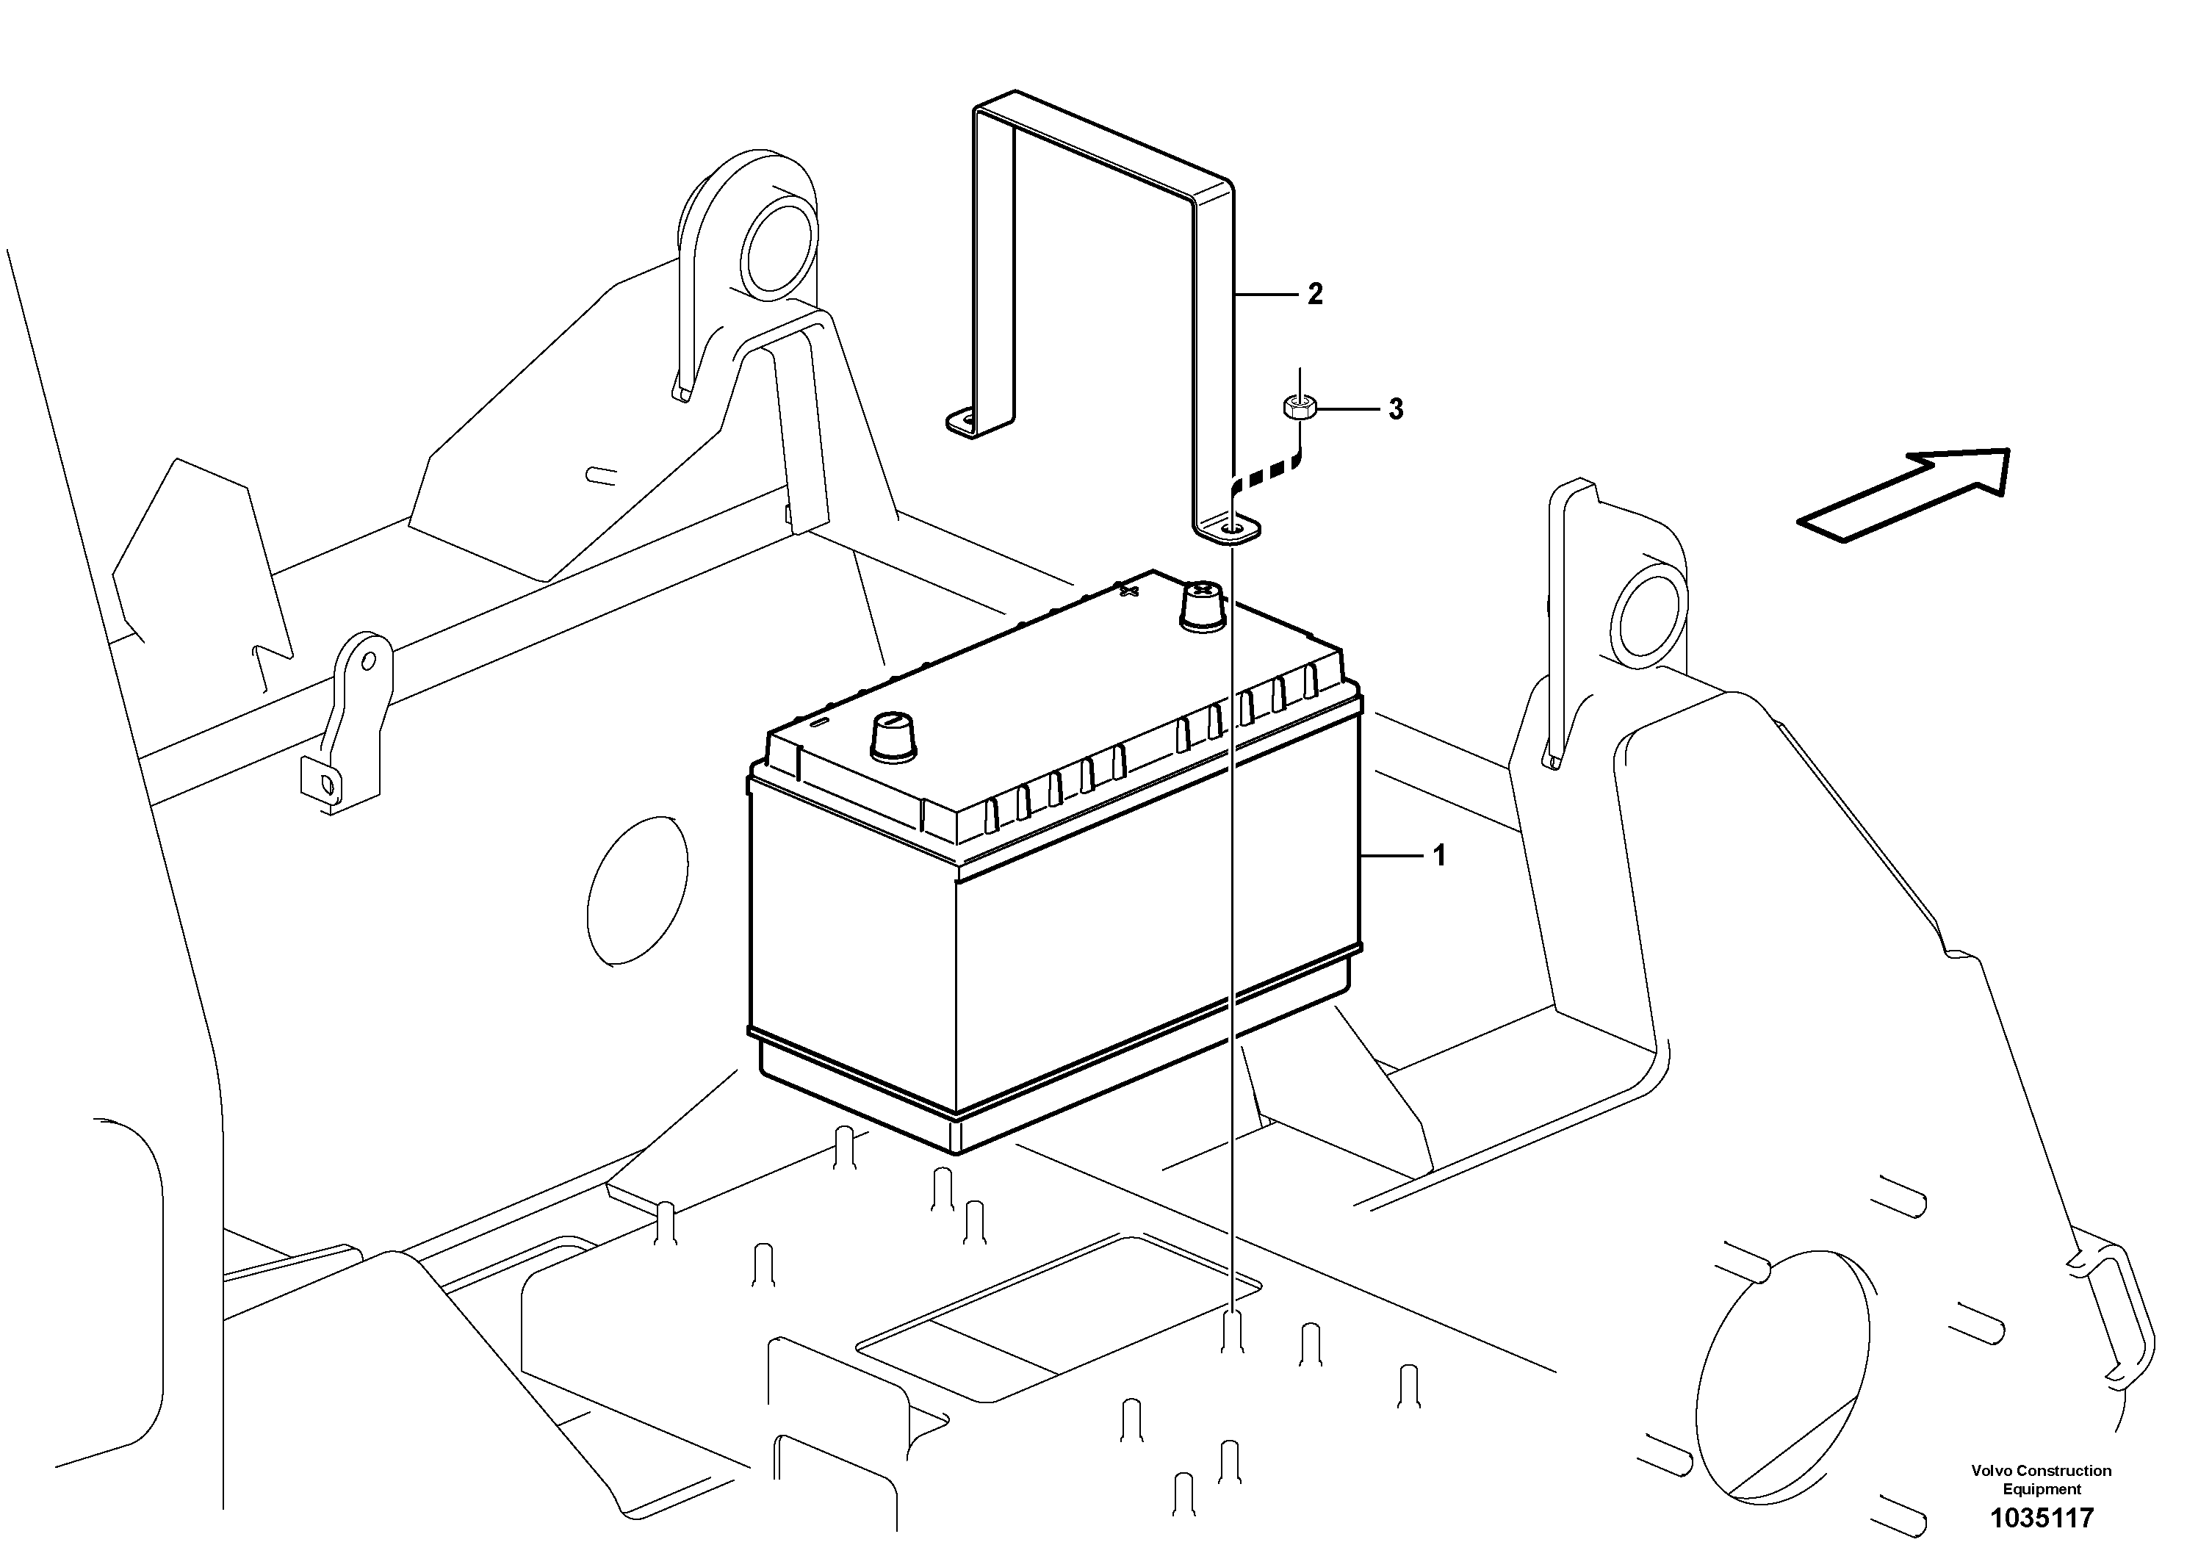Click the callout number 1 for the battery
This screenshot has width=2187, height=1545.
(x=1439, y=857)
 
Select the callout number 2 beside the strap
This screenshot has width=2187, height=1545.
(x=1316, y=295)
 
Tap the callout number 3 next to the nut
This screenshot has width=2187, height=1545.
(x=1396, y=410)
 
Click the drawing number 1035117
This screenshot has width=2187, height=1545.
(x=2042, y=1517)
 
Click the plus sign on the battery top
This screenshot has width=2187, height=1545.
(x=1130, y=591)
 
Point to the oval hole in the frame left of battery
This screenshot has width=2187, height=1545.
(x=637, y=890)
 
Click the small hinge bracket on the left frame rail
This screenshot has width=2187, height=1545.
(x=345, y=724)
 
